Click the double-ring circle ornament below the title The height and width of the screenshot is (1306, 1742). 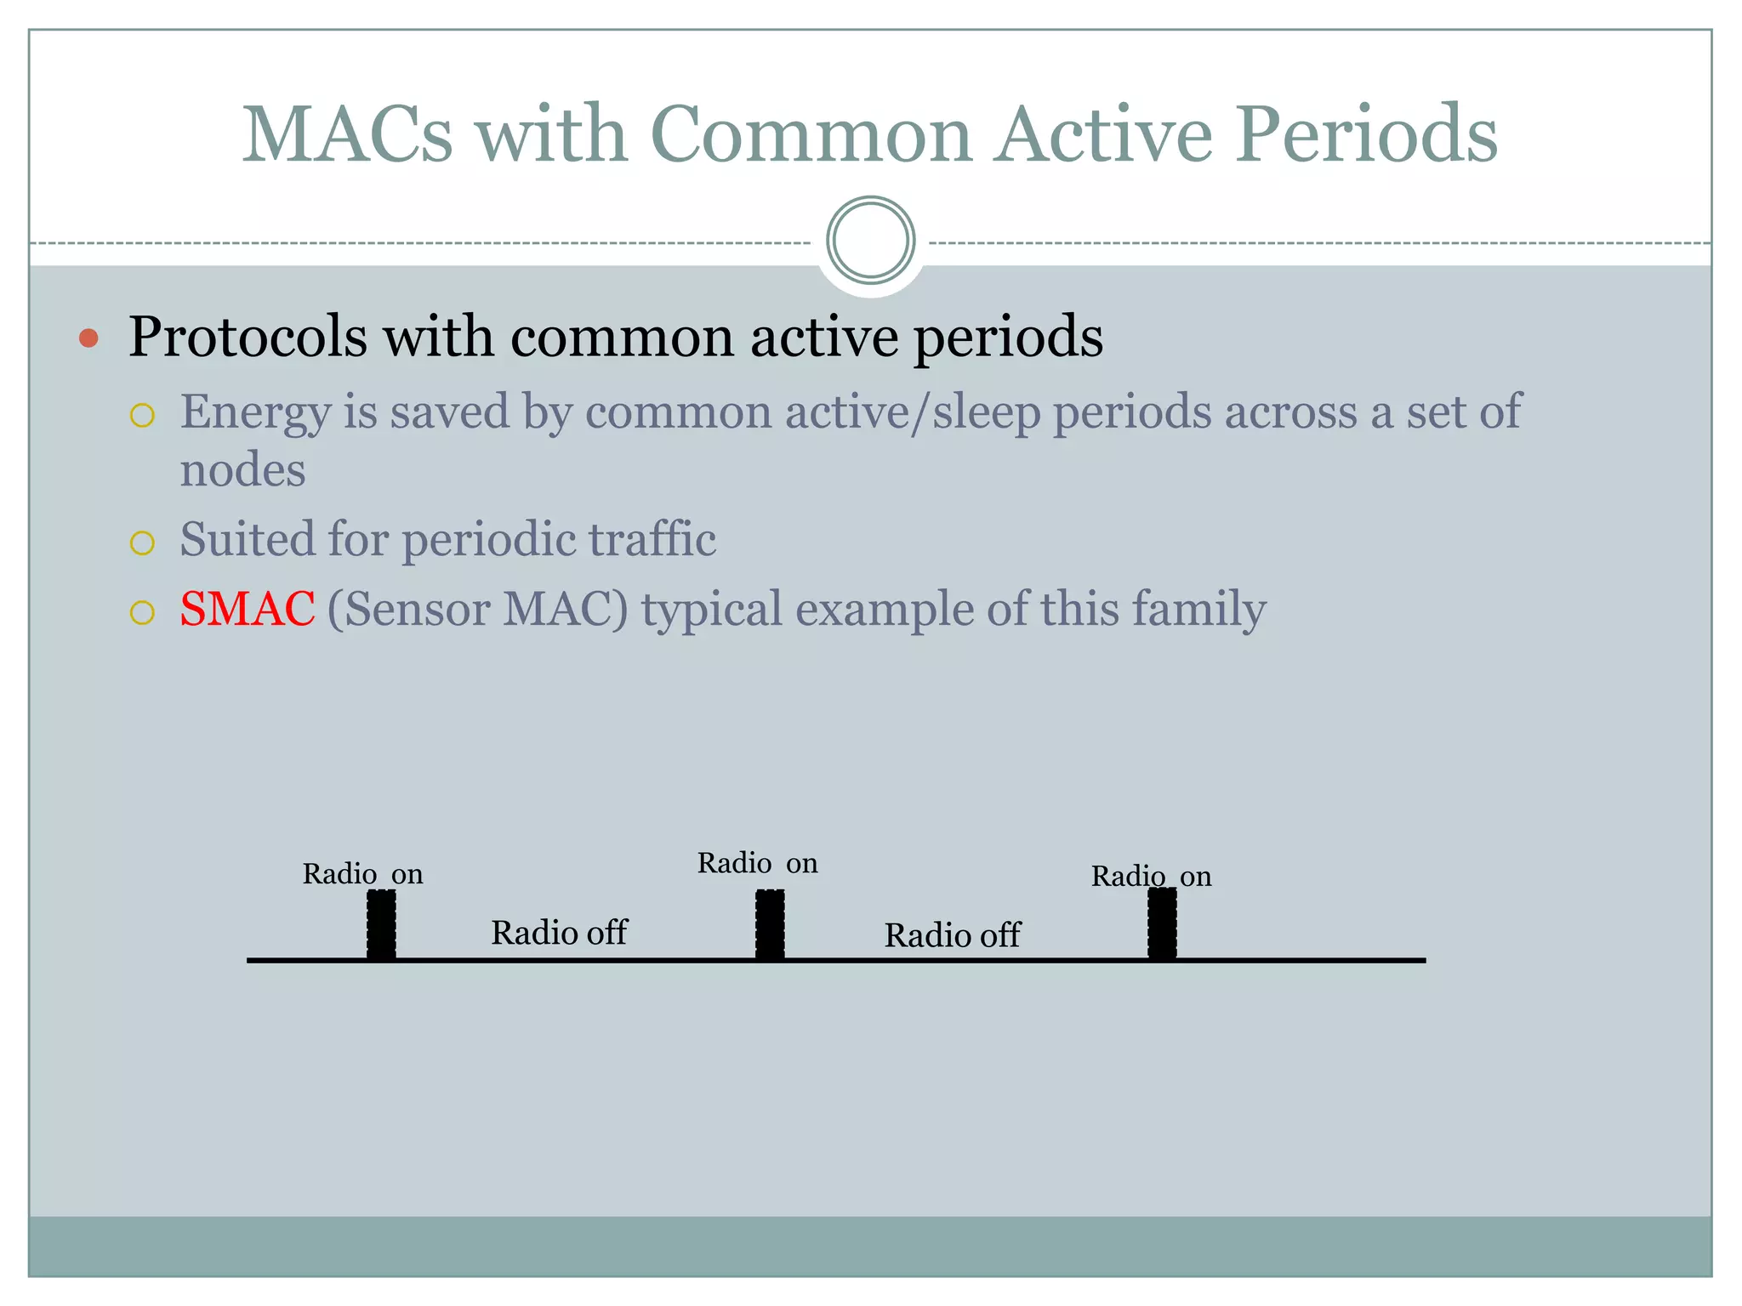[870, 241]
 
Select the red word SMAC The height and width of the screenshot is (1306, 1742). [248, 609]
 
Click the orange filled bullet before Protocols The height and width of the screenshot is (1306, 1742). [88, 338]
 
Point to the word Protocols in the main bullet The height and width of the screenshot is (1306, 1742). [248, 337]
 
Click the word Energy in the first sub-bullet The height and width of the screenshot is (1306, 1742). [255, 412]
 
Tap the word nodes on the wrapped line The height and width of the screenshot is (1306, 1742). [242, 470]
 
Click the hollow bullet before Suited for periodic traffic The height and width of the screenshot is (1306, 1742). [142, 543]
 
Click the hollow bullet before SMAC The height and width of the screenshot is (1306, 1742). [142, 612]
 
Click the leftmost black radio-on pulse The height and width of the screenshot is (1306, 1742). [381, 924]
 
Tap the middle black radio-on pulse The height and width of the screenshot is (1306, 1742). [770, 924]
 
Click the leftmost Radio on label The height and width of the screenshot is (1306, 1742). [362, 874]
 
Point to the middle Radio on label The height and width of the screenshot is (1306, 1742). [757, 863]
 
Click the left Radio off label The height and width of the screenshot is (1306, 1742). [559, 933]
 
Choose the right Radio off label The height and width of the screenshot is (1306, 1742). [952, 935]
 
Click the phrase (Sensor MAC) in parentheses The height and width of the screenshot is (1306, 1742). [477, 609]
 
